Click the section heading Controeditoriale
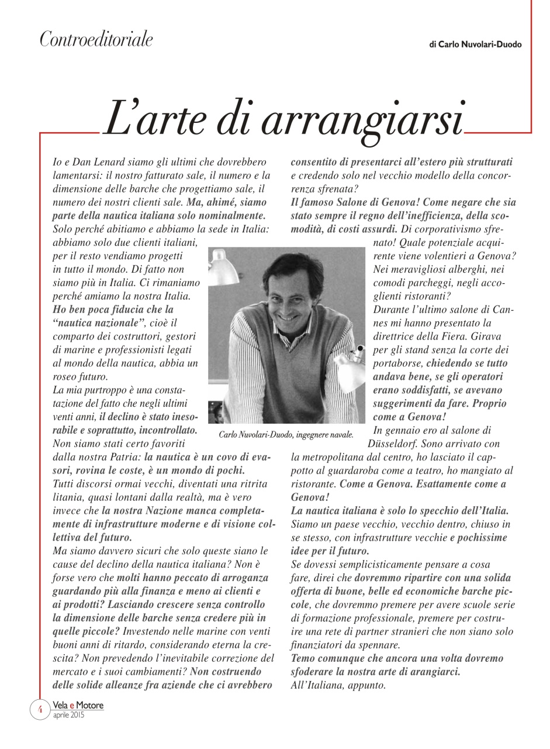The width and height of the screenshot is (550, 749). pos(96,40)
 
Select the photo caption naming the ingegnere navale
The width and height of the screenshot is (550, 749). pos(286,434)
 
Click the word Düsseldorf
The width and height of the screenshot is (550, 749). pos(393,444)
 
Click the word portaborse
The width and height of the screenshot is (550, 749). pos(399,363)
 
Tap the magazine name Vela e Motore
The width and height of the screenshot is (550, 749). pos(78,705)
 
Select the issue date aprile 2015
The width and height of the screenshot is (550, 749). pos(68,715)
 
